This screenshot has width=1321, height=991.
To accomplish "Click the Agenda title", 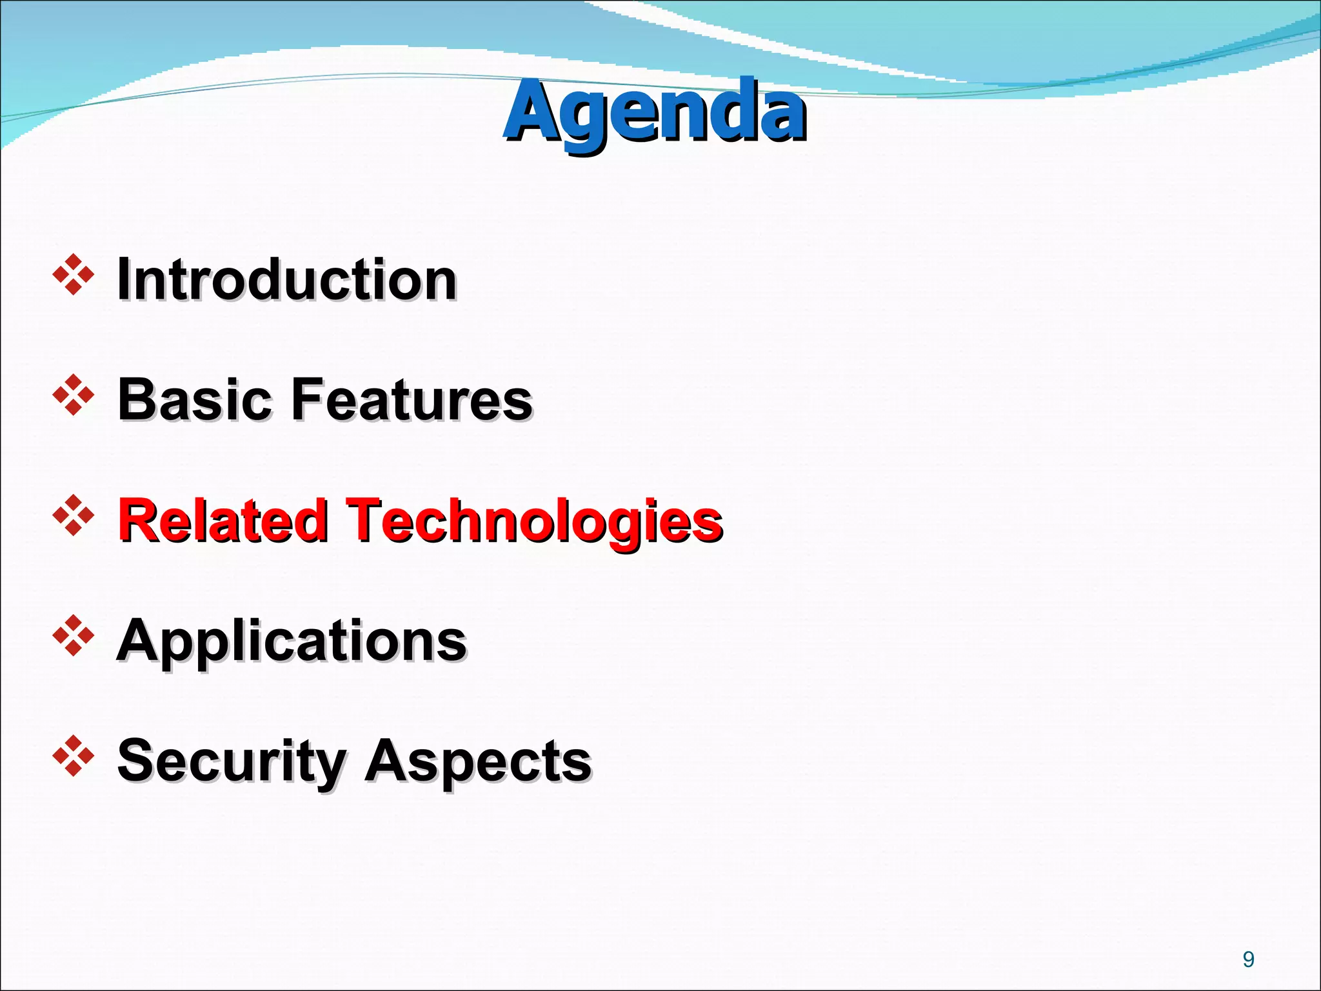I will (654, 111).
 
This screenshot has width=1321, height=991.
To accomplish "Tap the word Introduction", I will (286, 279).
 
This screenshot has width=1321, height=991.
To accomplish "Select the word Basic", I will (194, 399).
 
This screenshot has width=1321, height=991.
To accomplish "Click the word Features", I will (412, 399).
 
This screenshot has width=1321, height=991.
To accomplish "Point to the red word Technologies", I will (534, 521).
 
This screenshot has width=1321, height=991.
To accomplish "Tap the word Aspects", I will (478, 761).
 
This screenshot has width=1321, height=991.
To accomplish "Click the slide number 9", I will (1248, 959).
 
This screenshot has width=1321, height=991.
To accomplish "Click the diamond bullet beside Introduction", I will (74, 275).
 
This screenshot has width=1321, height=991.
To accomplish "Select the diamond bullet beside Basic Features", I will (74, 395).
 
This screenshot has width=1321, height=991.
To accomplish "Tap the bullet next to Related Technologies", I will (74, 516).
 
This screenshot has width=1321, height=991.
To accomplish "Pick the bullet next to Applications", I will (74, 636).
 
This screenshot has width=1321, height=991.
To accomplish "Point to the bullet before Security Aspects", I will (74, 756).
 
